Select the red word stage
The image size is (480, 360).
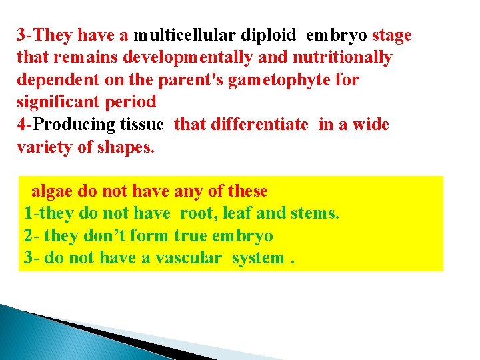[x=392, y=35]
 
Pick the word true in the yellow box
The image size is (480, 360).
[x=189, y=236]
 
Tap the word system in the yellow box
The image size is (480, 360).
[x=257, y=259]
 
